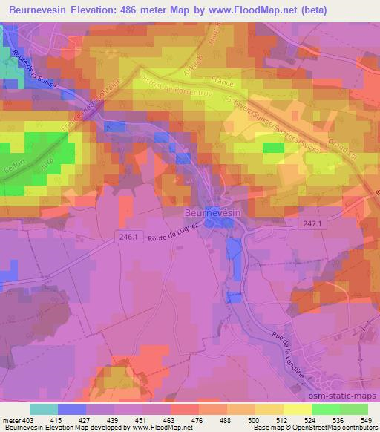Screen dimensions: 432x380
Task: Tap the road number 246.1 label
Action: [x=128, y=235]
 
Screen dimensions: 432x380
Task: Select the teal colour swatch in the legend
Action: [x=44, y=409]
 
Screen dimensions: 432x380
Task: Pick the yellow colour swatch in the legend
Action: [x=297, y=409]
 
